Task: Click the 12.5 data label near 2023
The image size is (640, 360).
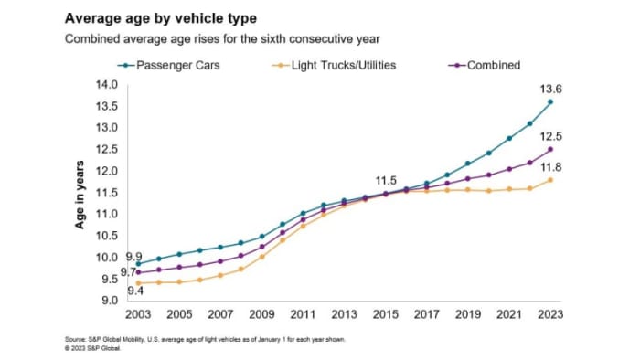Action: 549,133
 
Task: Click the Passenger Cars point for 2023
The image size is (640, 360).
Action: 549,101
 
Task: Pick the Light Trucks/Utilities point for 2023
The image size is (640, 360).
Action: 549,180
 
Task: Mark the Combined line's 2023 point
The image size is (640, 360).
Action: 549,149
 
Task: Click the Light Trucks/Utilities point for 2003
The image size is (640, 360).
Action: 138,283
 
